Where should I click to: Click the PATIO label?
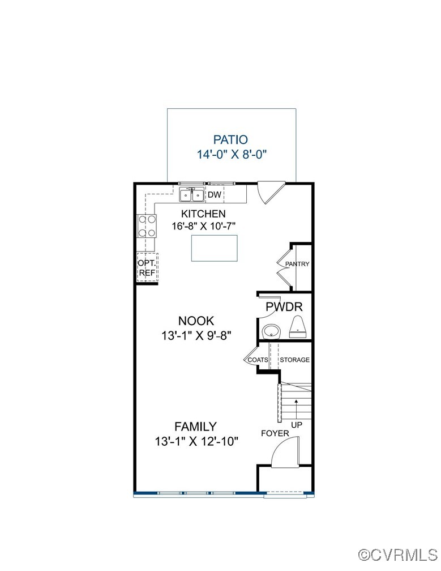coord(230,139)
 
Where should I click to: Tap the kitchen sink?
coord(192,195)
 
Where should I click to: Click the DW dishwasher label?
coord(214,195)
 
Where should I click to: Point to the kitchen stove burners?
coord(147,226)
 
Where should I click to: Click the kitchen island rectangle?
coord(213,248)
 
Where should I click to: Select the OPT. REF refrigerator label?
coord(147,268)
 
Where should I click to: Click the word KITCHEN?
coord(203,214)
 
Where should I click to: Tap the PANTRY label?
coord(297,264)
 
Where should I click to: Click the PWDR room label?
coord(284,308)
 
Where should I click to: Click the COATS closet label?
coord(258,360)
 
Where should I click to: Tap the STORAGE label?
coord(294,360)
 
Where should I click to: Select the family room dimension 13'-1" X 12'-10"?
coord(195,441)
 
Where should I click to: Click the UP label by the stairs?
coord(296,425)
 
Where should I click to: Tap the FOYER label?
coord(275,433)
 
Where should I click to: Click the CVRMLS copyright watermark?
coord(399,553)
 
